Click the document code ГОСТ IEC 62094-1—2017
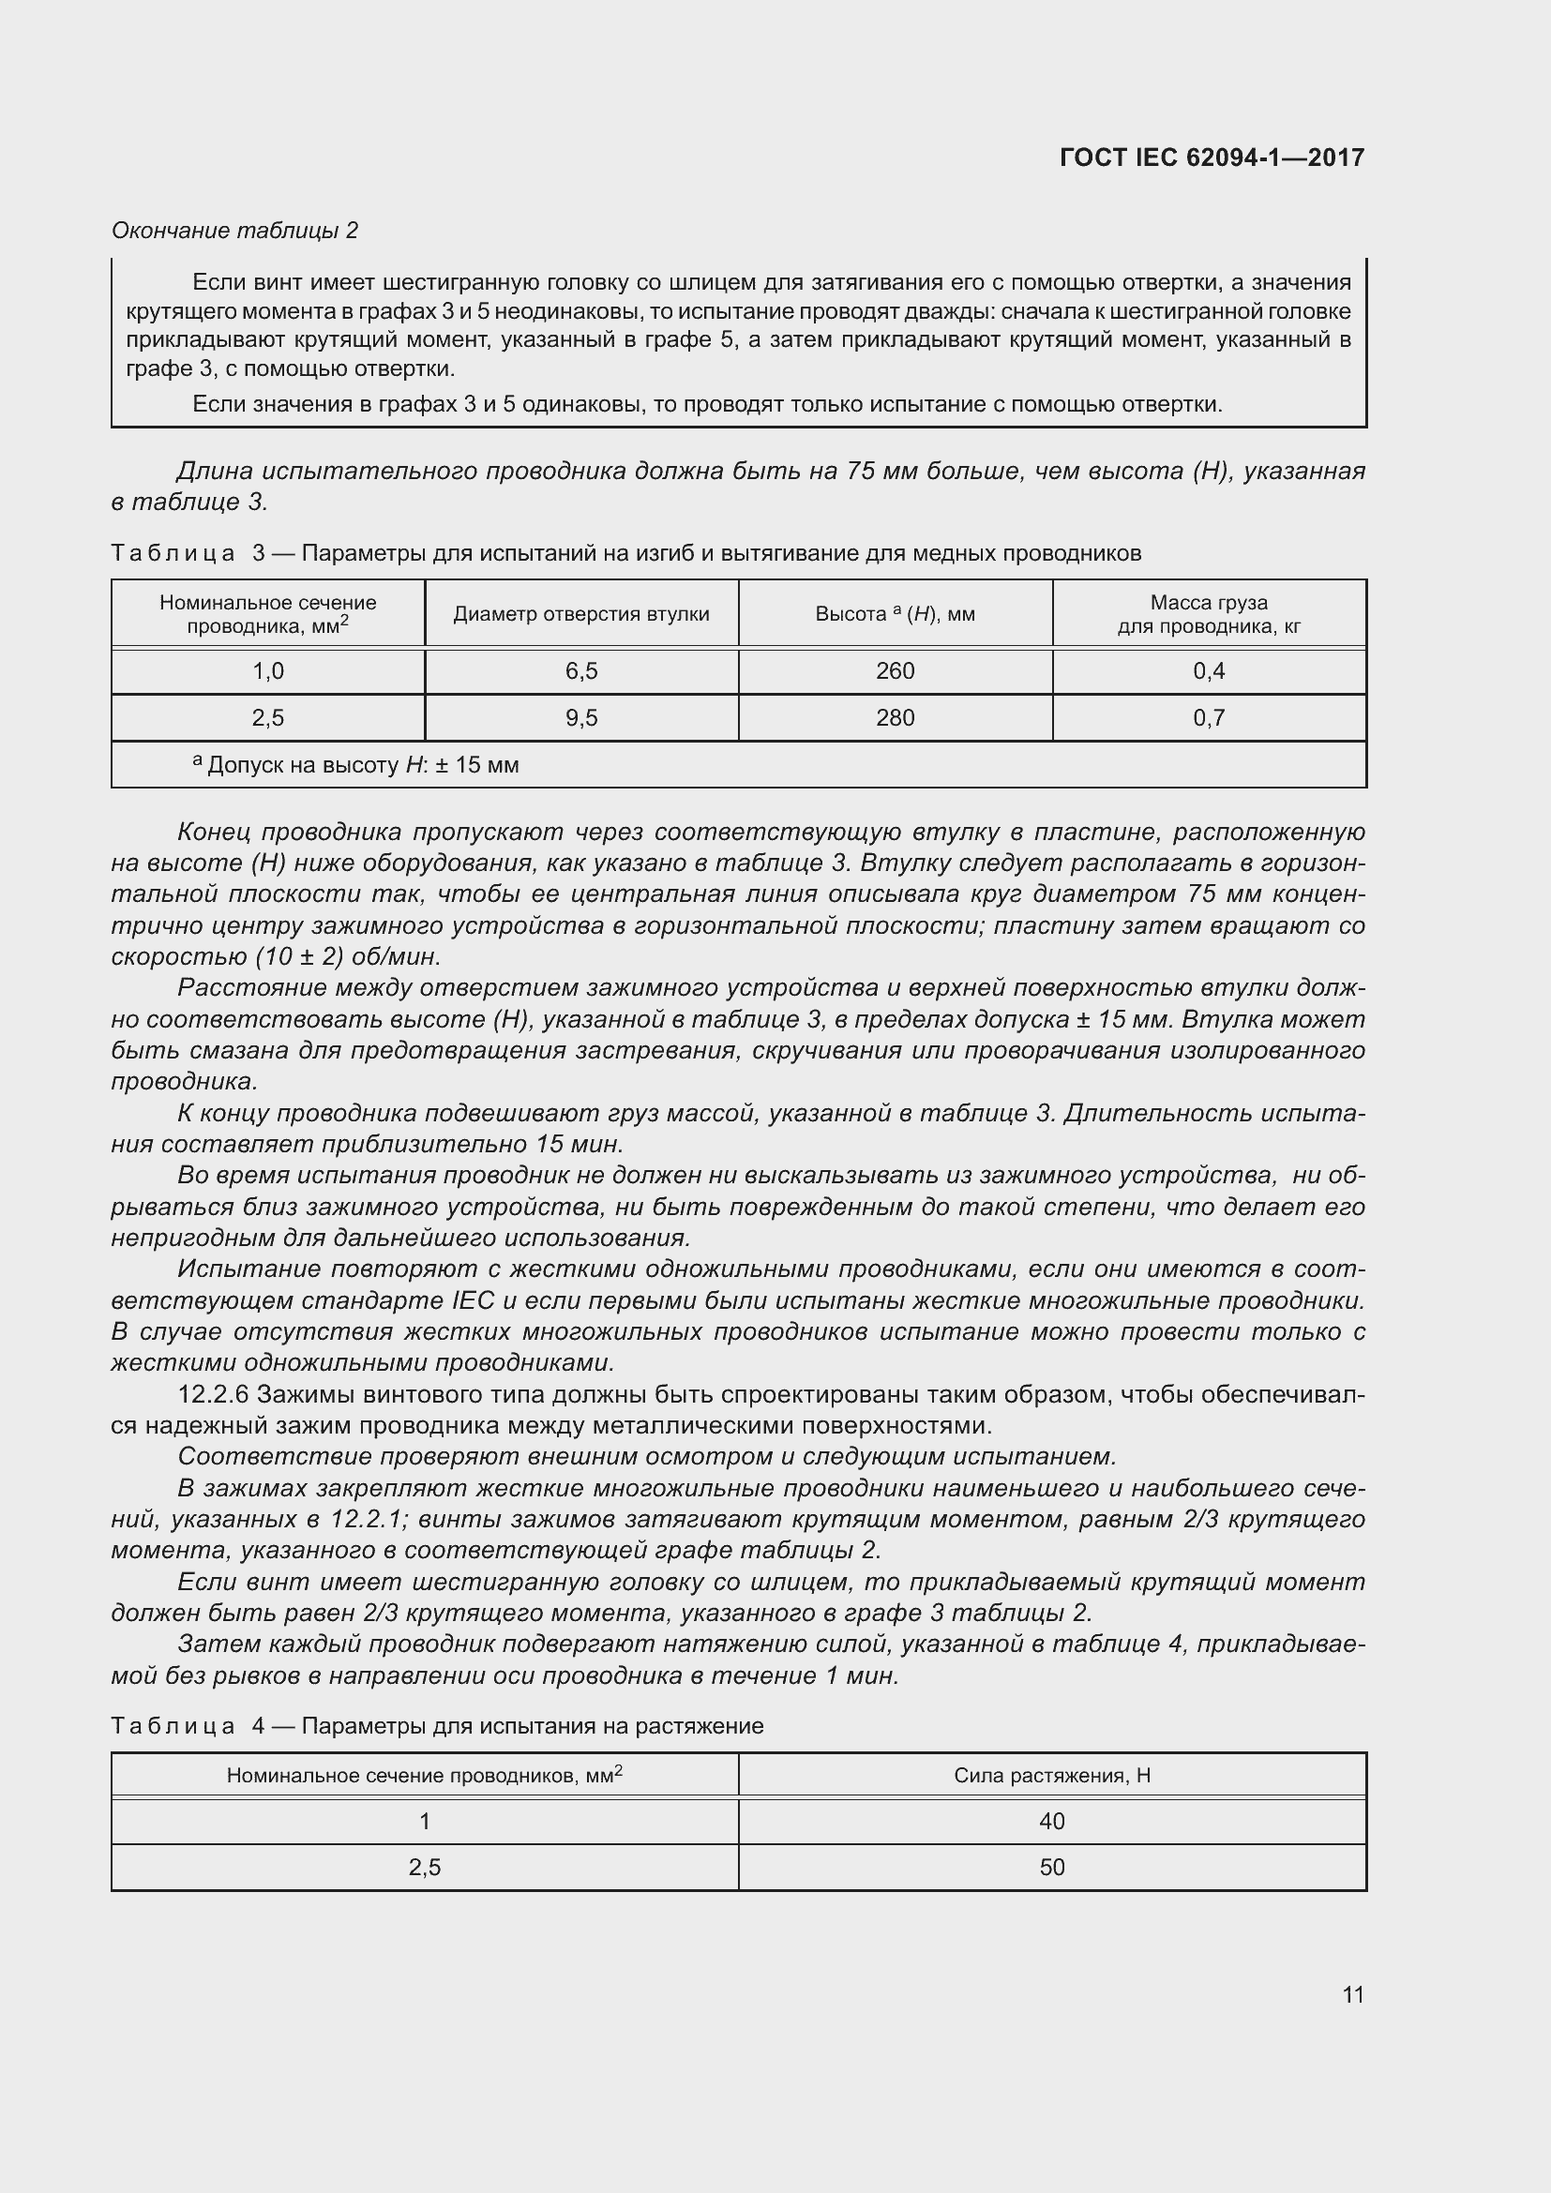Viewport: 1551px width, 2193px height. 1211,158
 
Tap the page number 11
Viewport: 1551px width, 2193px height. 1352,1994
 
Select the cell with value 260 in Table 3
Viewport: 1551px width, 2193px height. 895,671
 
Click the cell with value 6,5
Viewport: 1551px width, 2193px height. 580,671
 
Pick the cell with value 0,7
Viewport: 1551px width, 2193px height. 1208,717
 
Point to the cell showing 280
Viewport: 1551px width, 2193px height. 895,717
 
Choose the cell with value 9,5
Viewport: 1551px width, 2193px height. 580,717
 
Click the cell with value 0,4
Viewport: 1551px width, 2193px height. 1208,671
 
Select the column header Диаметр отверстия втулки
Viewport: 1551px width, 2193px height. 580,614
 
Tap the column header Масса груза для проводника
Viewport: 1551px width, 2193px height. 1208,614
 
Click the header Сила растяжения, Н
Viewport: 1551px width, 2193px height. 1051,1776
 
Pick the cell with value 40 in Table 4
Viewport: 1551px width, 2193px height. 1051,1822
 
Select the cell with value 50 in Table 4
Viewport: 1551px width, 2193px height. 1051,1868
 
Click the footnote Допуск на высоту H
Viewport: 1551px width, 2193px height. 356,765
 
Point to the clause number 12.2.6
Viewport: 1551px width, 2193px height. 212,1394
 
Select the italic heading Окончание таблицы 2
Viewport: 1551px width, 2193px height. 235,231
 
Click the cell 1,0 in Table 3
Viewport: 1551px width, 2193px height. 268,671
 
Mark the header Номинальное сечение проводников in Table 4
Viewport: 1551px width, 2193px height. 424,1776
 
